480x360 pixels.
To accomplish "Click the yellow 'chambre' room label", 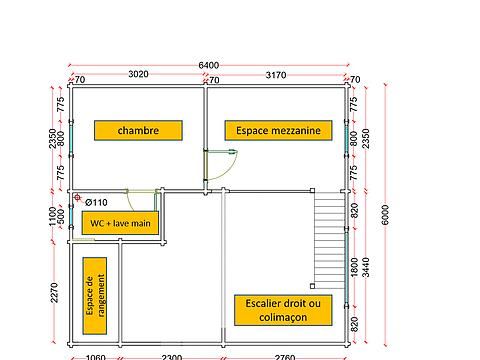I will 137,130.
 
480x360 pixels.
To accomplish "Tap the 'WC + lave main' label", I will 119,222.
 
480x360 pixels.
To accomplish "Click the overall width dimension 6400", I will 208,65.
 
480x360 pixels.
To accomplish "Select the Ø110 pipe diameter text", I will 96,202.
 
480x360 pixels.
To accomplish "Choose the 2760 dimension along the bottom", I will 285,355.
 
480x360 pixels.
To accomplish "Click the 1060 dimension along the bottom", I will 95,355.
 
